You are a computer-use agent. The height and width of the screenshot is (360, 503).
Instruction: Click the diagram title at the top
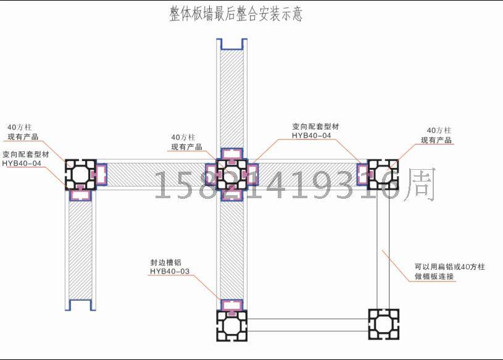pyautogui.click(x=236, y=14)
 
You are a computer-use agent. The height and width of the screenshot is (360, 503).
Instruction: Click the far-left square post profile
pyautogui.click(x=81, y=175)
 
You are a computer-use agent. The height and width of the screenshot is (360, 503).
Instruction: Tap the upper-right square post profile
pyautogui.click(x=383, y=174)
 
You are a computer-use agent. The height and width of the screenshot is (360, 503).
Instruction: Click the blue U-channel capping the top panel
pyautogui.click(x=231, y=45)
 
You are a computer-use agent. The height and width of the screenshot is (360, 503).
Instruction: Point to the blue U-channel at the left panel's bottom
pyautogui.click(x=81, y=304)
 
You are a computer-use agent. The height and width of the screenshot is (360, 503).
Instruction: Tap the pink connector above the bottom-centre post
pyautogui.click(x=231, y=304)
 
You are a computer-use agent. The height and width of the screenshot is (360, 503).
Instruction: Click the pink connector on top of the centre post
pyautogui.click(x=231, y=153)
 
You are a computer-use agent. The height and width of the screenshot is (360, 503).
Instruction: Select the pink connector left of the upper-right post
pyautogui.click(x=362, y=174)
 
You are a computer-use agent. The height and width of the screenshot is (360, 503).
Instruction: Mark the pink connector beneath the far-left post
pyautogui.click(x=81, y=195)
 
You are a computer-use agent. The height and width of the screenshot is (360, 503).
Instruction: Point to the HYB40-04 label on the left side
pyautogui.click(x=22, y=164)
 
